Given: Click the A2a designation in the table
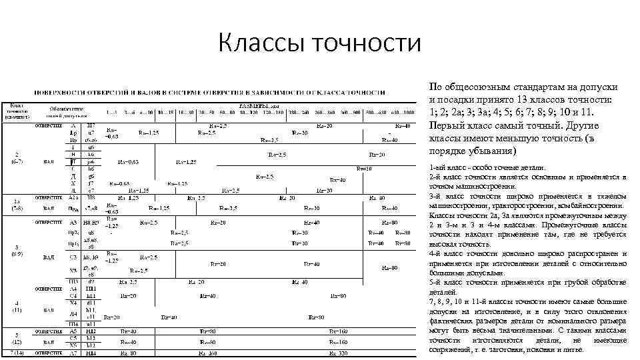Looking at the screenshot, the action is pos(73,197).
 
